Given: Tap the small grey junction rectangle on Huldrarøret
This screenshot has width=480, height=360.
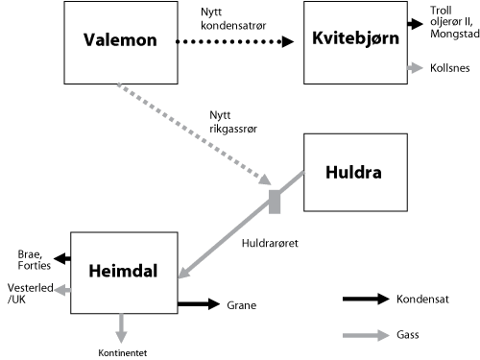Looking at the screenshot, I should point(275,201).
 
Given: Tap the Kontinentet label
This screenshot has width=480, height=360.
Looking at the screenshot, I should point(122,352).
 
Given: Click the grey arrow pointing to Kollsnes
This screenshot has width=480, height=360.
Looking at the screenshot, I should point(415,68).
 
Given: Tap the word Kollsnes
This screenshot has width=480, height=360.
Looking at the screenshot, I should point(450,68).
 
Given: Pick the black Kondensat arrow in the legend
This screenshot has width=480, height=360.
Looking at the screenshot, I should point(363,300).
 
